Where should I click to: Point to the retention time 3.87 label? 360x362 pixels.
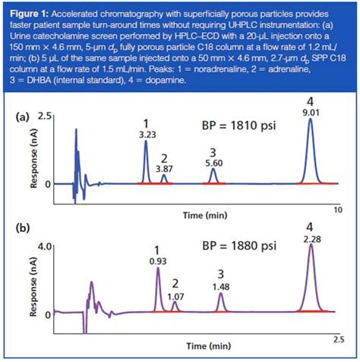click(164, 168)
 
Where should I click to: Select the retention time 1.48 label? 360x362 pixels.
click(221, 286)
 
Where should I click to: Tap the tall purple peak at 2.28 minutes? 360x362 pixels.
click(310, 278)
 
